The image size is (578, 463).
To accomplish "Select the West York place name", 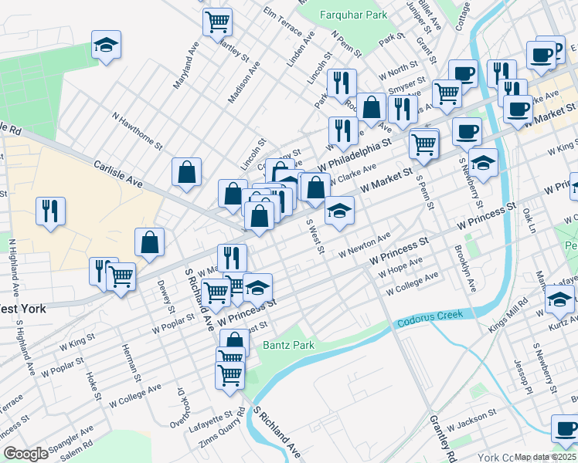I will (22, 309).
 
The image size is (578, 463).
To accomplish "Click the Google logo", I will (25, 454).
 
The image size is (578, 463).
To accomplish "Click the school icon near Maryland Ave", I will (107, 45).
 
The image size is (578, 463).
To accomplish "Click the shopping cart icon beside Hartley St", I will (218, 21).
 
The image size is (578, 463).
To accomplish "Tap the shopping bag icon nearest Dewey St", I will (149, 242).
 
